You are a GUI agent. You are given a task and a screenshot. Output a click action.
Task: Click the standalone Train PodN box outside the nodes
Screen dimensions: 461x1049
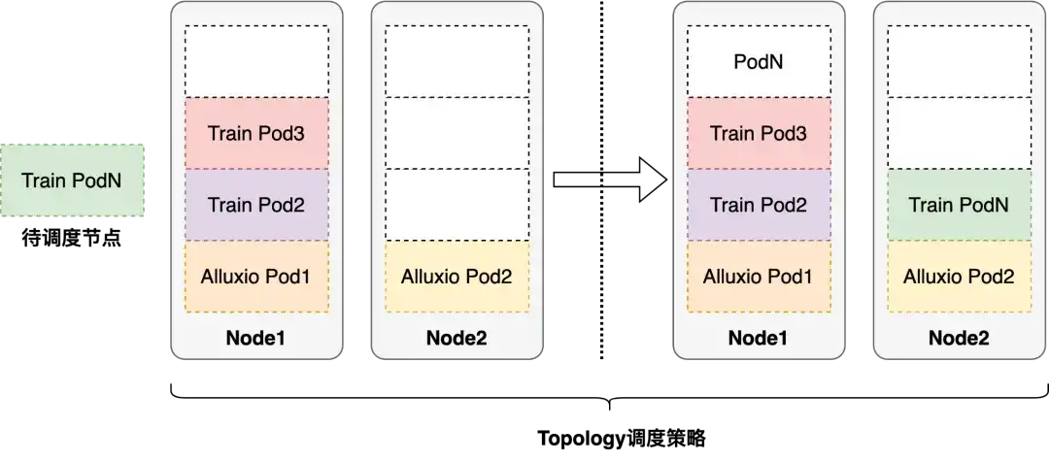coord(73,180)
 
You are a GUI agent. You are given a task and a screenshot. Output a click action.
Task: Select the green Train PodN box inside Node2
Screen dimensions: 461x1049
coord(959,205)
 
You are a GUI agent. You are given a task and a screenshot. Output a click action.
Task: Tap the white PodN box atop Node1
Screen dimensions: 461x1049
coord(759,62)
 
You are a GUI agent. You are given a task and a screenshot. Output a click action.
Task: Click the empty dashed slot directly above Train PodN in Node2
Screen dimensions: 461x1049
coord(959,133)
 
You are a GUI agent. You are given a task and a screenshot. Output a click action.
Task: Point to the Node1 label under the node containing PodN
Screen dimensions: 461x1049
coord(759,339)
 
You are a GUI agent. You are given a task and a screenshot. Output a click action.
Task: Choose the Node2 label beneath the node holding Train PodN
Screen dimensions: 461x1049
coord(959,339)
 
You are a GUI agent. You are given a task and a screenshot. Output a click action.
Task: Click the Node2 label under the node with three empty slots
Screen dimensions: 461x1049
coord(457,339)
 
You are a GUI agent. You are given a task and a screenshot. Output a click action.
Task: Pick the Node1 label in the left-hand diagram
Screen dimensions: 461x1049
coord(256,339)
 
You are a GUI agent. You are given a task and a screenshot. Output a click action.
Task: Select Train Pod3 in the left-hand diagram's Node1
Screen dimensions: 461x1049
coord(256,133)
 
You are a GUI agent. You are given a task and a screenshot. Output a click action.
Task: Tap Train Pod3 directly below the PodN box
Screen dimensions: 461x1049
coord(759,133)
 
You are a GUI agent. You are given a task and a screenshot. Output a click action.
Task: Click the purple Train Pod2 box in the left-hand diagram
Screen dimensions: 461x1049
coord(256,205)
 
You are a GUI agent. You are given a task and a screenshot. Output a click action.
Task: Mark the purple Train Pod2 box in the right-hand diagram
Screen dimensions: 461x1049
coord(759,205)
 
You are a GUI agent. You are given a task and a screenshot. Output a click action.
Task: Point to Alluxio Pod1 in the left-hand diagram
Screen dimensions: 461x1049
coord(256,277)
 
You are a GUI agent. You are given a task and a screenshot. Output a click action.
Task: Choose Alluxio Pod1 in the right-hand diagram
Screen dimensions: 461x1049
coord(759,277)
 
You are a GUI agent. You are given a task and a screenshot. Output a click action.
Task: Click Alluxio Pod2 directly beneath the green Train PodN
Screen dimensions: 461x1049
coord(959,277)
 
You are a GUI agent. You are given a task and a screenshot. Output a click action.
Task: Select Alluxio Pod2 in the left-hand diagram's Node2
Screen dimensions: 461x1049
coord(457,277)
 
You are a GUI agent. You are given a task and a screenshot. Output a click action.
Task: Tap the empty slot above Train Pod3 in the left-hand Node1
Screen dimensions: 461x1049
coord(256,62)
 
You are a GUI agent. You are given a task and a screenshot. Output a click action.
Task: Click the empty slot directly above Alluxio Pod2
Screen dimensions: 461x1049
coord(457,205)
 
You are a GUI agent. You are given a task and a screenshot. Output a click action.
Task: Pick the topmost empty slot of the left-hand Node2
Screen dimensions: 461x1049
coord(457,62)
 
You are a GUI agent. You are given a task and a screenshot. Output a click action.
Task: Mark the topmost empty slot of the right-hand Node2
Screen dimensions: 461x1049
coord(959,62)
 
